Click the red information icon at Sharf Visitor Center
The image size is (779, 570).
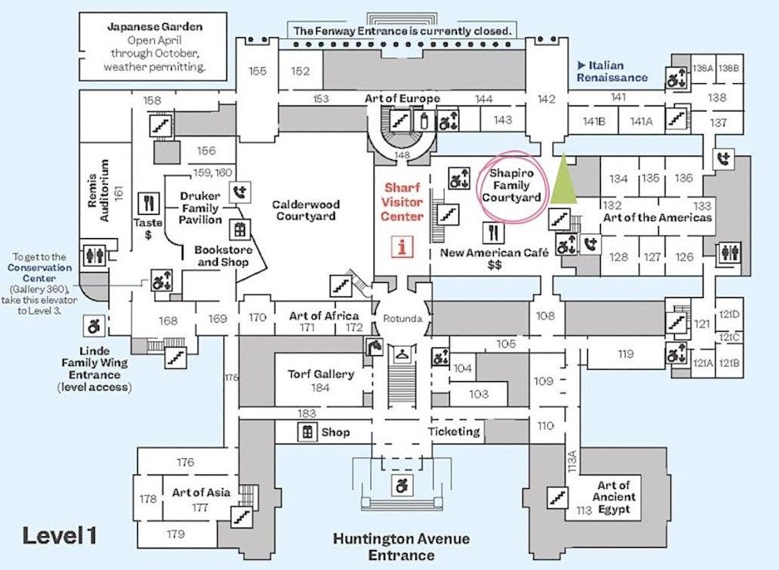[x=401, y=246]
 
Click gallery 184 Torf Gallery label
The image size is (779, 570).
[x=321, y=381]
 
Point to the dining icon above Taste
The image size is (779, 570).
[x=149, y=203]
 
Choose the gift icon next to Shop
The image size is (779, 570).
[x=307, y=432]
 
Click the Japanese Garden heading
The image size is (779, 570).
[x=155, y=27]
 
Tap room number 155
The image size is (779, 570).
[x=257, y=72]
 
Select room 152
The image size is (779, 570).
[x=301, y=72]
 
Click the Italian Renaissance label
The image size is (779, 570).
[x=613, y=72]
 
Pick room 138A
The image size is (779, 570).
[x=703, y=69]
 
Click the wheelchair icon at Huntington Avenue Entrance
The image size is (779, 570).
[x=401, y=485]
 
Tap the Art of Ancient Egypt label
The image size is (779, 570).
[x=613, y=497]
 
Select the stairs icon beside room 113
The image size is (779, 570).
[x=558, y=497]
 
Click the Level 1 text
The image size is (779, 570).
[x=59, y=536]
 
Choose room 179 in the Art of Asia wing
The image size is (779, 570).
[x=176, y=534]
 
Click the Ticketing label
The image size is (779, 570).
[x=454, y=431]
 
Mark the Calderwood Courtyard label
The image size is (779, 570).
[x=305, y=210]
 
